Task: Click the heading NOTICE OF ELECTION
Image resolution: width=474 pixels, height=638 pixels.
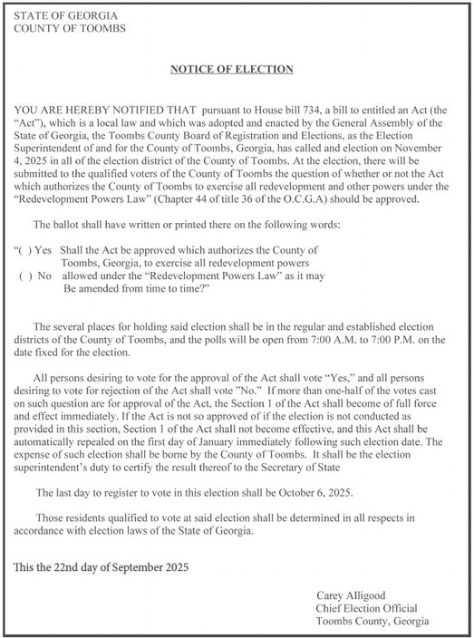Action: coord(233,69)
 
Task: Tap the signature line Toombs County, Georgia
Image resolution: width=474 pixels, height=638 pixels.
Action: coord(372,622)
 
